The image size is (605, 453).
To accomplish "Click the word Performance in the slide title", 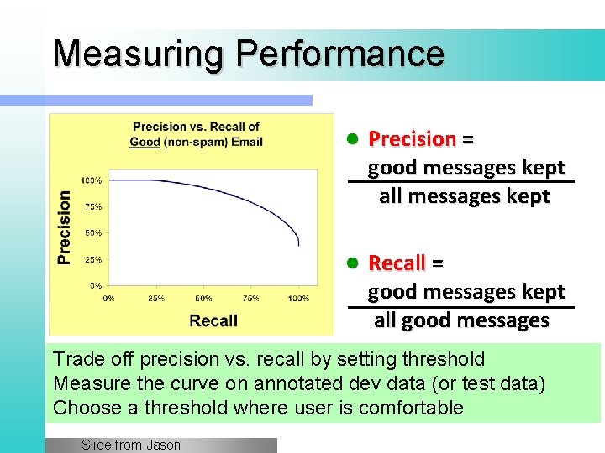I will (339, 53).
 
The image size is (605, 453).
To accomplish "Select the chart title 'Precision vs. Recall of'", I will (196, 128).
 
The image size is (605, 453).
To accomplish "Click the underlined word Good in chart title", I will (145, 142).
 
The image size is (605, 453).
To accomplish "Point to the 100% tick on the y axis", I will (92, 180).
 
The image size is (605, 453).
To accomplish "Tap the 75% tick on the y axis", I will (92, 206).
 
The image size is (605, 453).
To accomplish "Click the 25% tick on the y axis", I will (92, 259).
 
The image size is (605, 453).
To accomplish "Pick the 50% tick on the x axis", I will (203, 299).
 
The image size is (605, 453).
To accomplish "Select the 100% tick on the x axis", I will (298, 299).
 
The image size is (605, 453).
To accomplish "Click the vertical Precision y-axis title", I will (65, 227).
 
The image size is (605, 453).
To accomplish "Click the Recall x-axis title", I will (213, 320).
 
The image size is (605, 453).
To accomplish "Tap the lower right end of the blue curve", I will (298, 246).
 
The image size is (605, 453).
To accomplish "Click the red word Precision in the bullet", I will (412, 138).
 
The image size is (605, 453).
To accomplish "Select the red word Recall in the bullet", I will (397, 263).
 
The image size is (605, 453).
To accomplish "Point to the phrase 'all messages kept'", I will (464, 196).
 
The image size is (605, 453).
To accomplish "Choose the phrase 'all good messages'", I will (461, 320).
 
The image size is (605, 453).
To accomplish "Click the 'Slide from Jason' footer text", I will (131, 445).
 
